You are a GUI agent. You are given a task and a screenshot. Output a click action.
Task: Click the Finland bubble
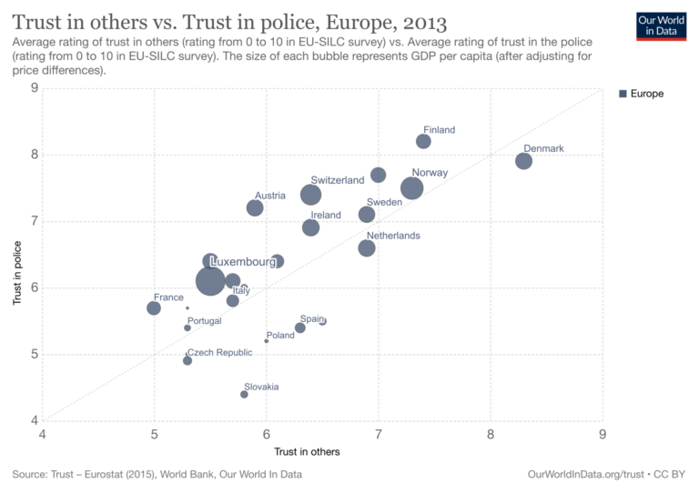pyautogui.click(x=423, y=141)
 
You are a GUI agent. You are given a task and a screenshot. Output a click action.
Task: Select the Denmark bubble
pyautogui.click(x=523, y=161)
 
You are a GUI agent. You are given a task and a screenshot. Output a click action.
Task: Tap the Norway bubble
pyautogui.click(x=411, y=187)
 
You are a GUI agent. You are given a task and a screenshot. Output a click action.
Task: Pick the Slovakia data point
pyautogui.click(x=244, y=394)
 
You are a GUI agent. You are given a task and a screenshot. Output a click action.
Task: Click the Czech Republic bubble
pyautogui.click(x=187, y=360)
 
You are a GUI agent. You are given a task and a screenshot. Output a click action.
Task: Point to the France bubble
pyautogui.click(x=154, y=308)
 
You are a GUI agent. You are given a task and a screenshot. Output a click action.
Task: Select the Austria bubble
pyautogui.click(x=255, y=207)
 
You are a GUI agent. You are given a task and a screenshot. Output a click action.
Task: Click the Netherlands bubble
pyautogui.click(x=367, y=247)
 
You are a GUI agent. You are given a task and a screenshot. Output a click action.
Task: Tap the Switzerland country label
pyautogui.click(x=337, y=180)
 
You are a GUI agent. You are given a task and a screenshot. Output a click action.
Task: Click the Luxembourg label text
pyautogui.click(x=243, y=262)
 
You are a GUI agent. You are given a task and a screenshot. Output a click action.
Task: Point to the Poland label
pyautogui.click(x=280, y=335)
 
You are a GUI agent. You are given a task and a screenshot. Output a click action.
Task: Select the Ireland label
pyautogui.click(x=326, y=216)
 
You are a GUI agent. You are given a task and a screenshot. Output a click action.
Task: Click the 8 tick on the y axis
pyautogui.click(x=34, y=155)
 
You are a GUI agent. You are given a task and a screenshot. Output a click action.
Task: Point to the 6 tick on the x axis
pyautogui.click(x=266, y=433)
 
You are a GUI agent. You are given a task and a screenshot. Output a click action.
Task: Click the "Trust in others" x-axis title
pyautogui.click(x=321, y=451)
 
